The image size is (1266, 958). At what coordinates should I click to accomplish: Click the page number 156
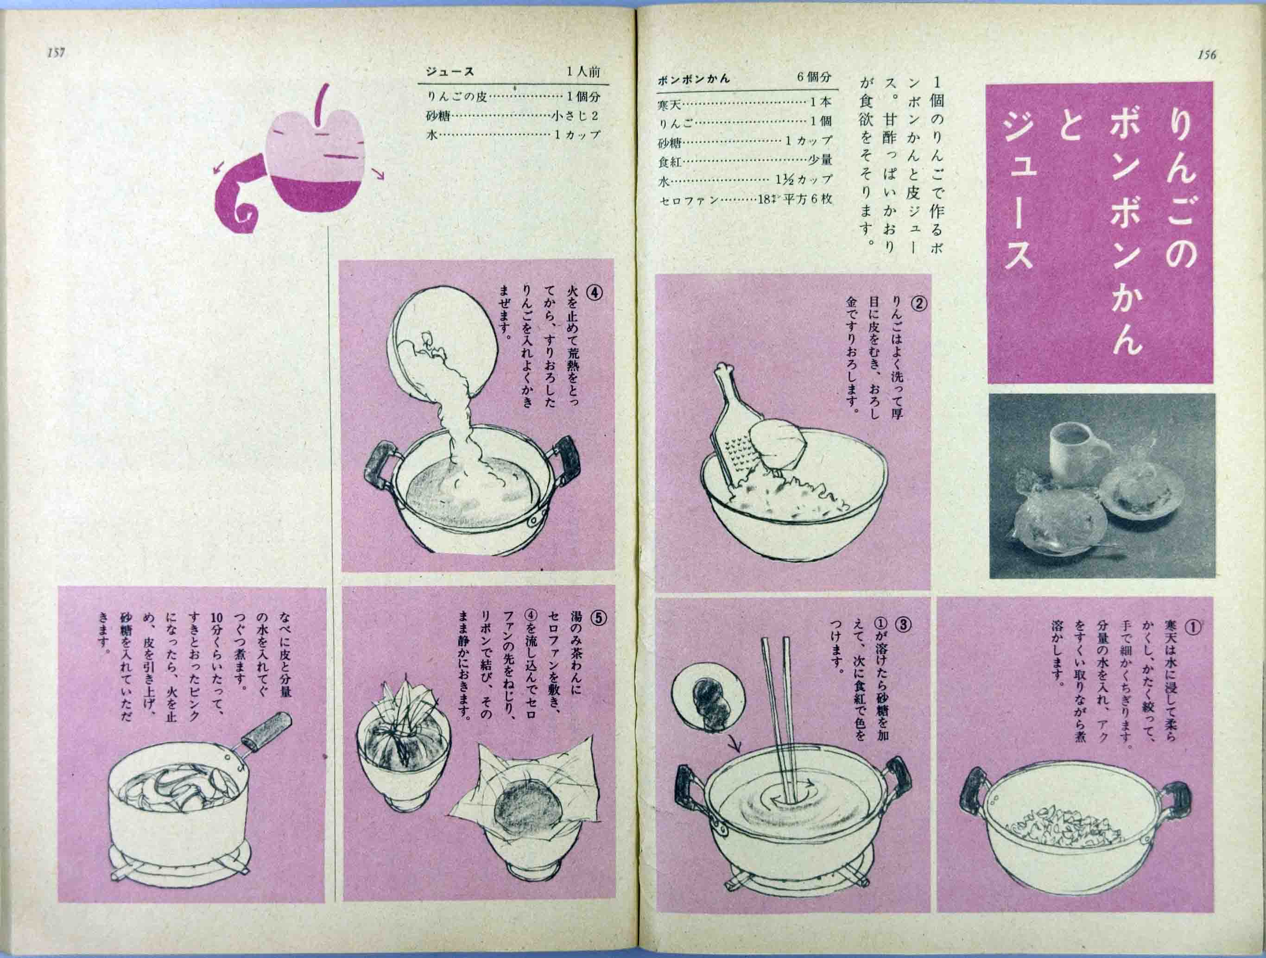[1206, 55]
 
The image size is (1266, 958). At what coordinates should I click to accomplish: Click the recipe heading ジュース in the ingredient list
[449, 72]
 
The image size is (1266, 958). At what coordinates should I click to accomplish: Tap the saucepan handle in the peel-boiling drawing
[266, 730]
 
